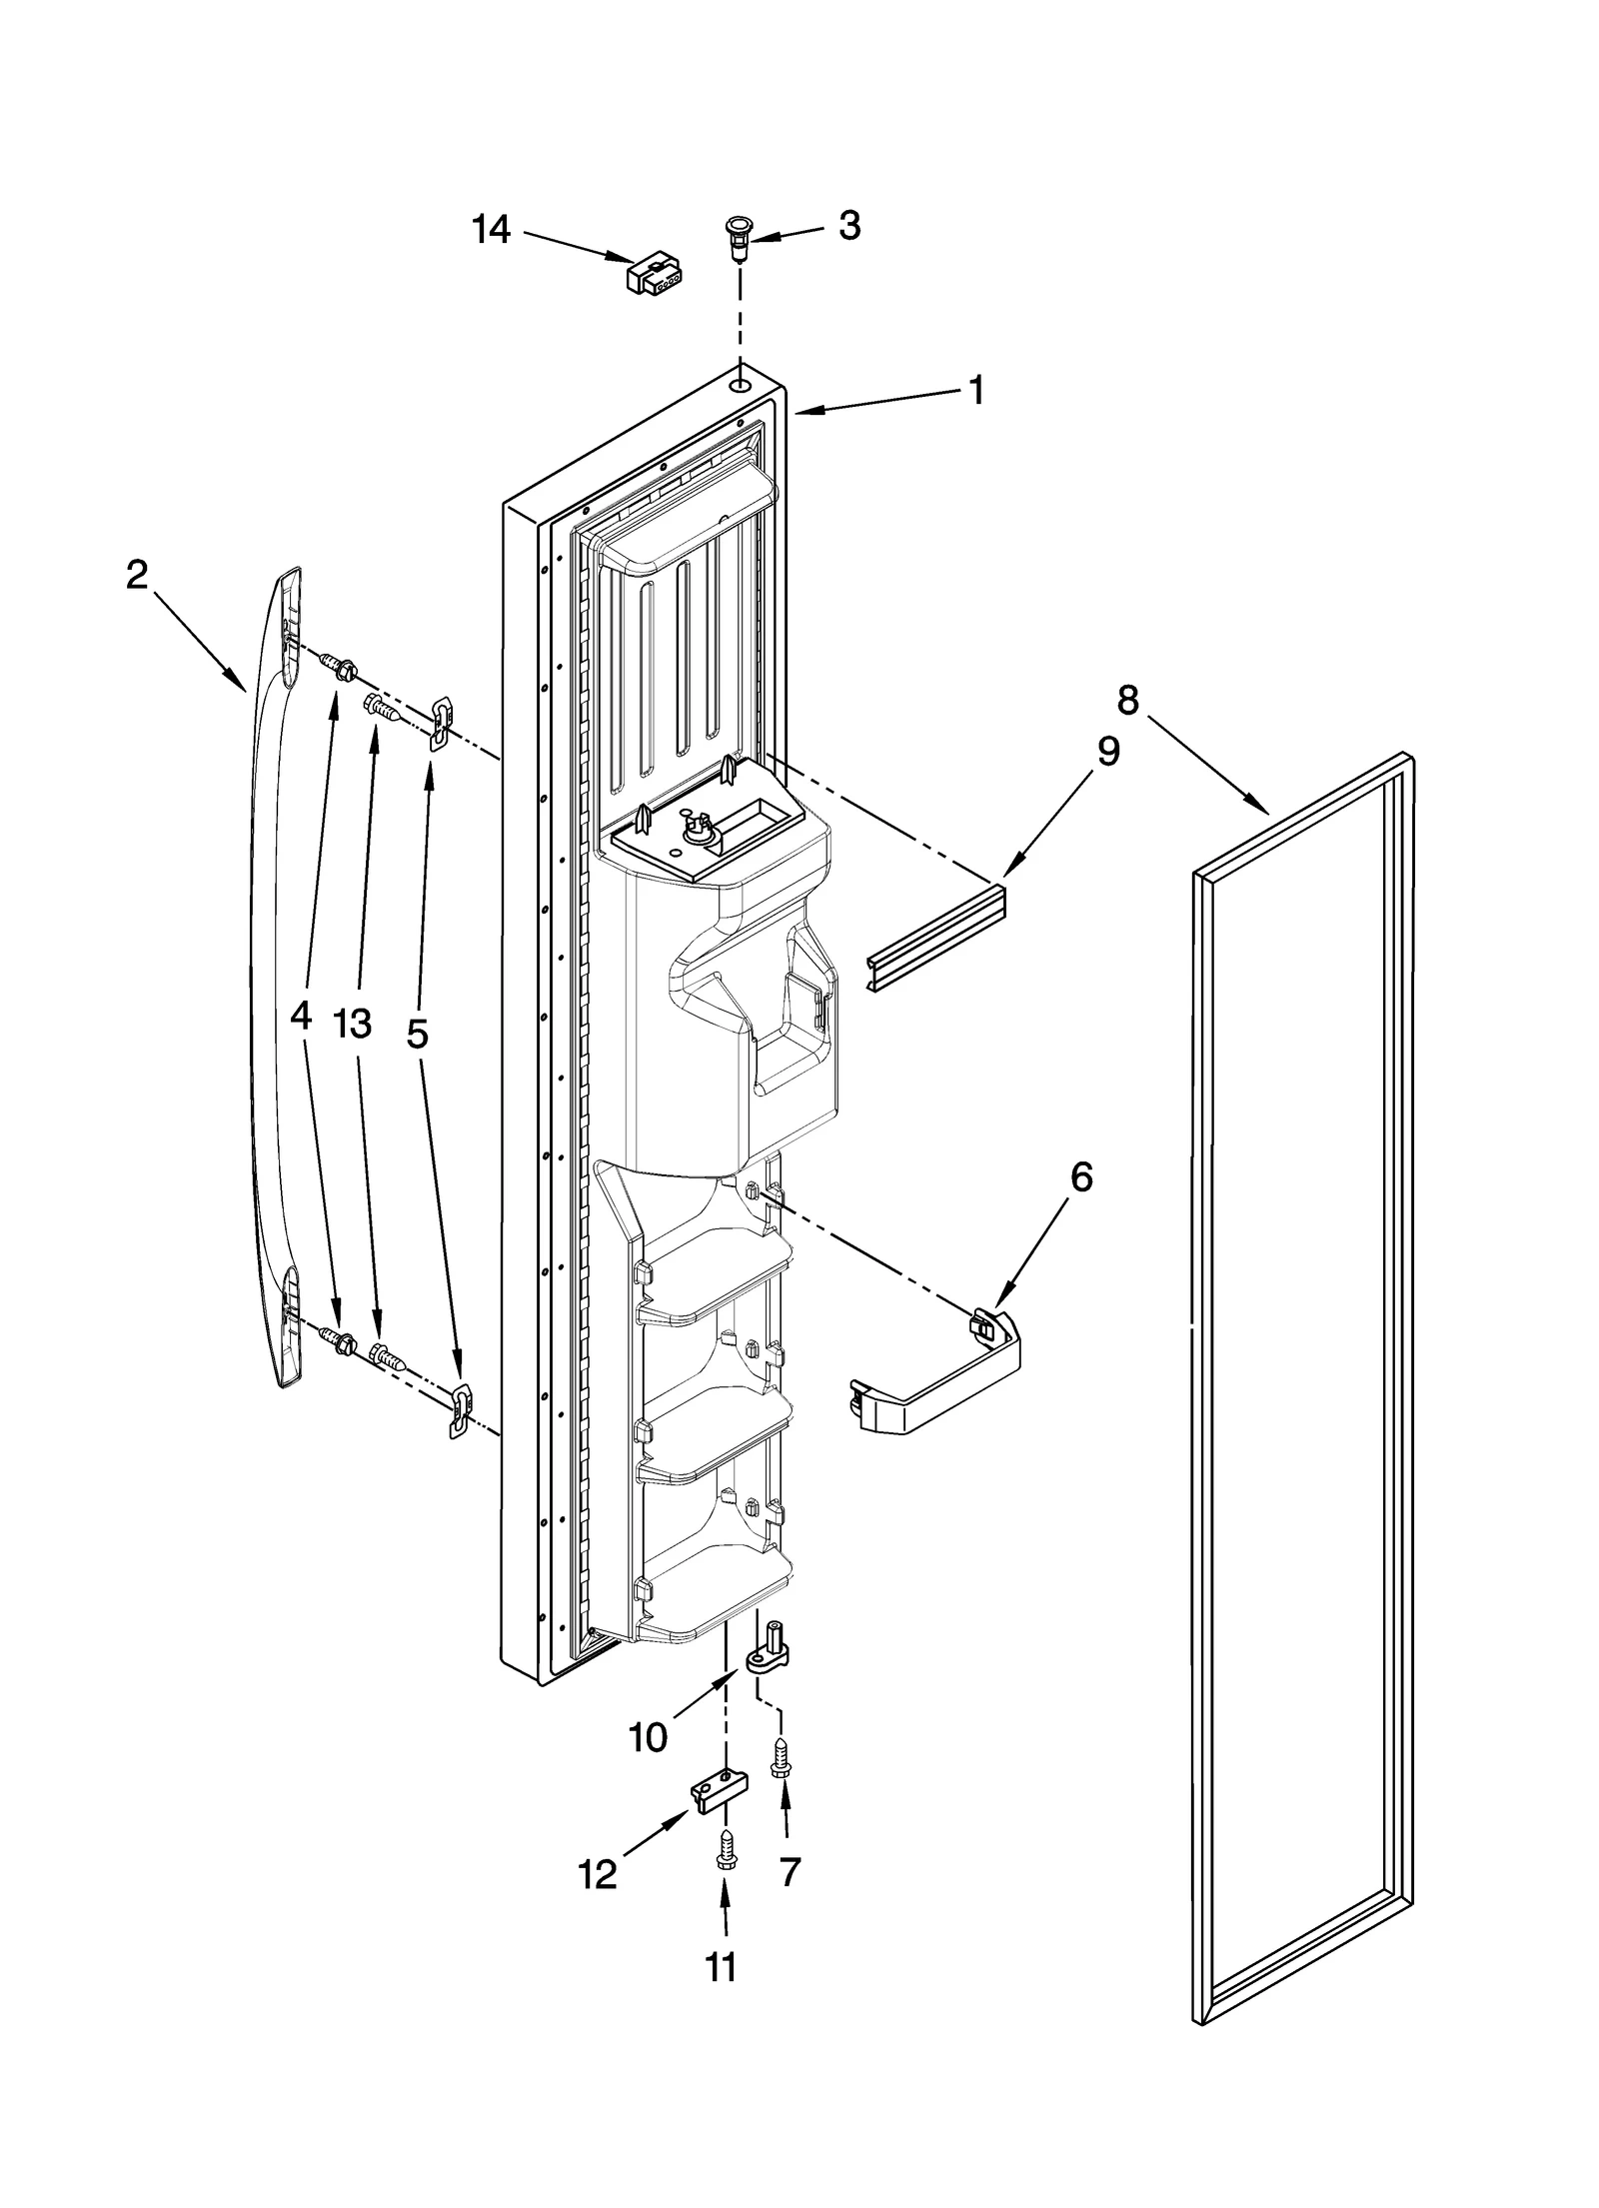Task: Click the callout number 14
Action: coord(492,230)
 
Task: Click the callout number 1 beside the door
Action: coord(976,390)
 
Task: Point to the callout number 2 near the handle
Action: coord(137,574)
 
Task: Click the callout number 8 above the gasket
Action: coord(1127,701)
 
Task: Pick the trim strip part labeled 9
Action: coord(936,938)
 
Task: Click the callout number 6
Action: coord(1081,1178)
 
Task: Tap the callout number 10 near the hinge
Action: coord(649,1738)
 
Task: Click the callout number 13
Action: coord(354,1024)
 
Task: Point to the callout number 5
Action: coord(418,1034)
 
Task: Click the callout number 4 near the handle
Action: coord(300,1018)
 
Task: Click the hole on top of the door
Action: coord(739,385)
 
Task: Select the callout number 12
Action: coord(598,1875)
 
